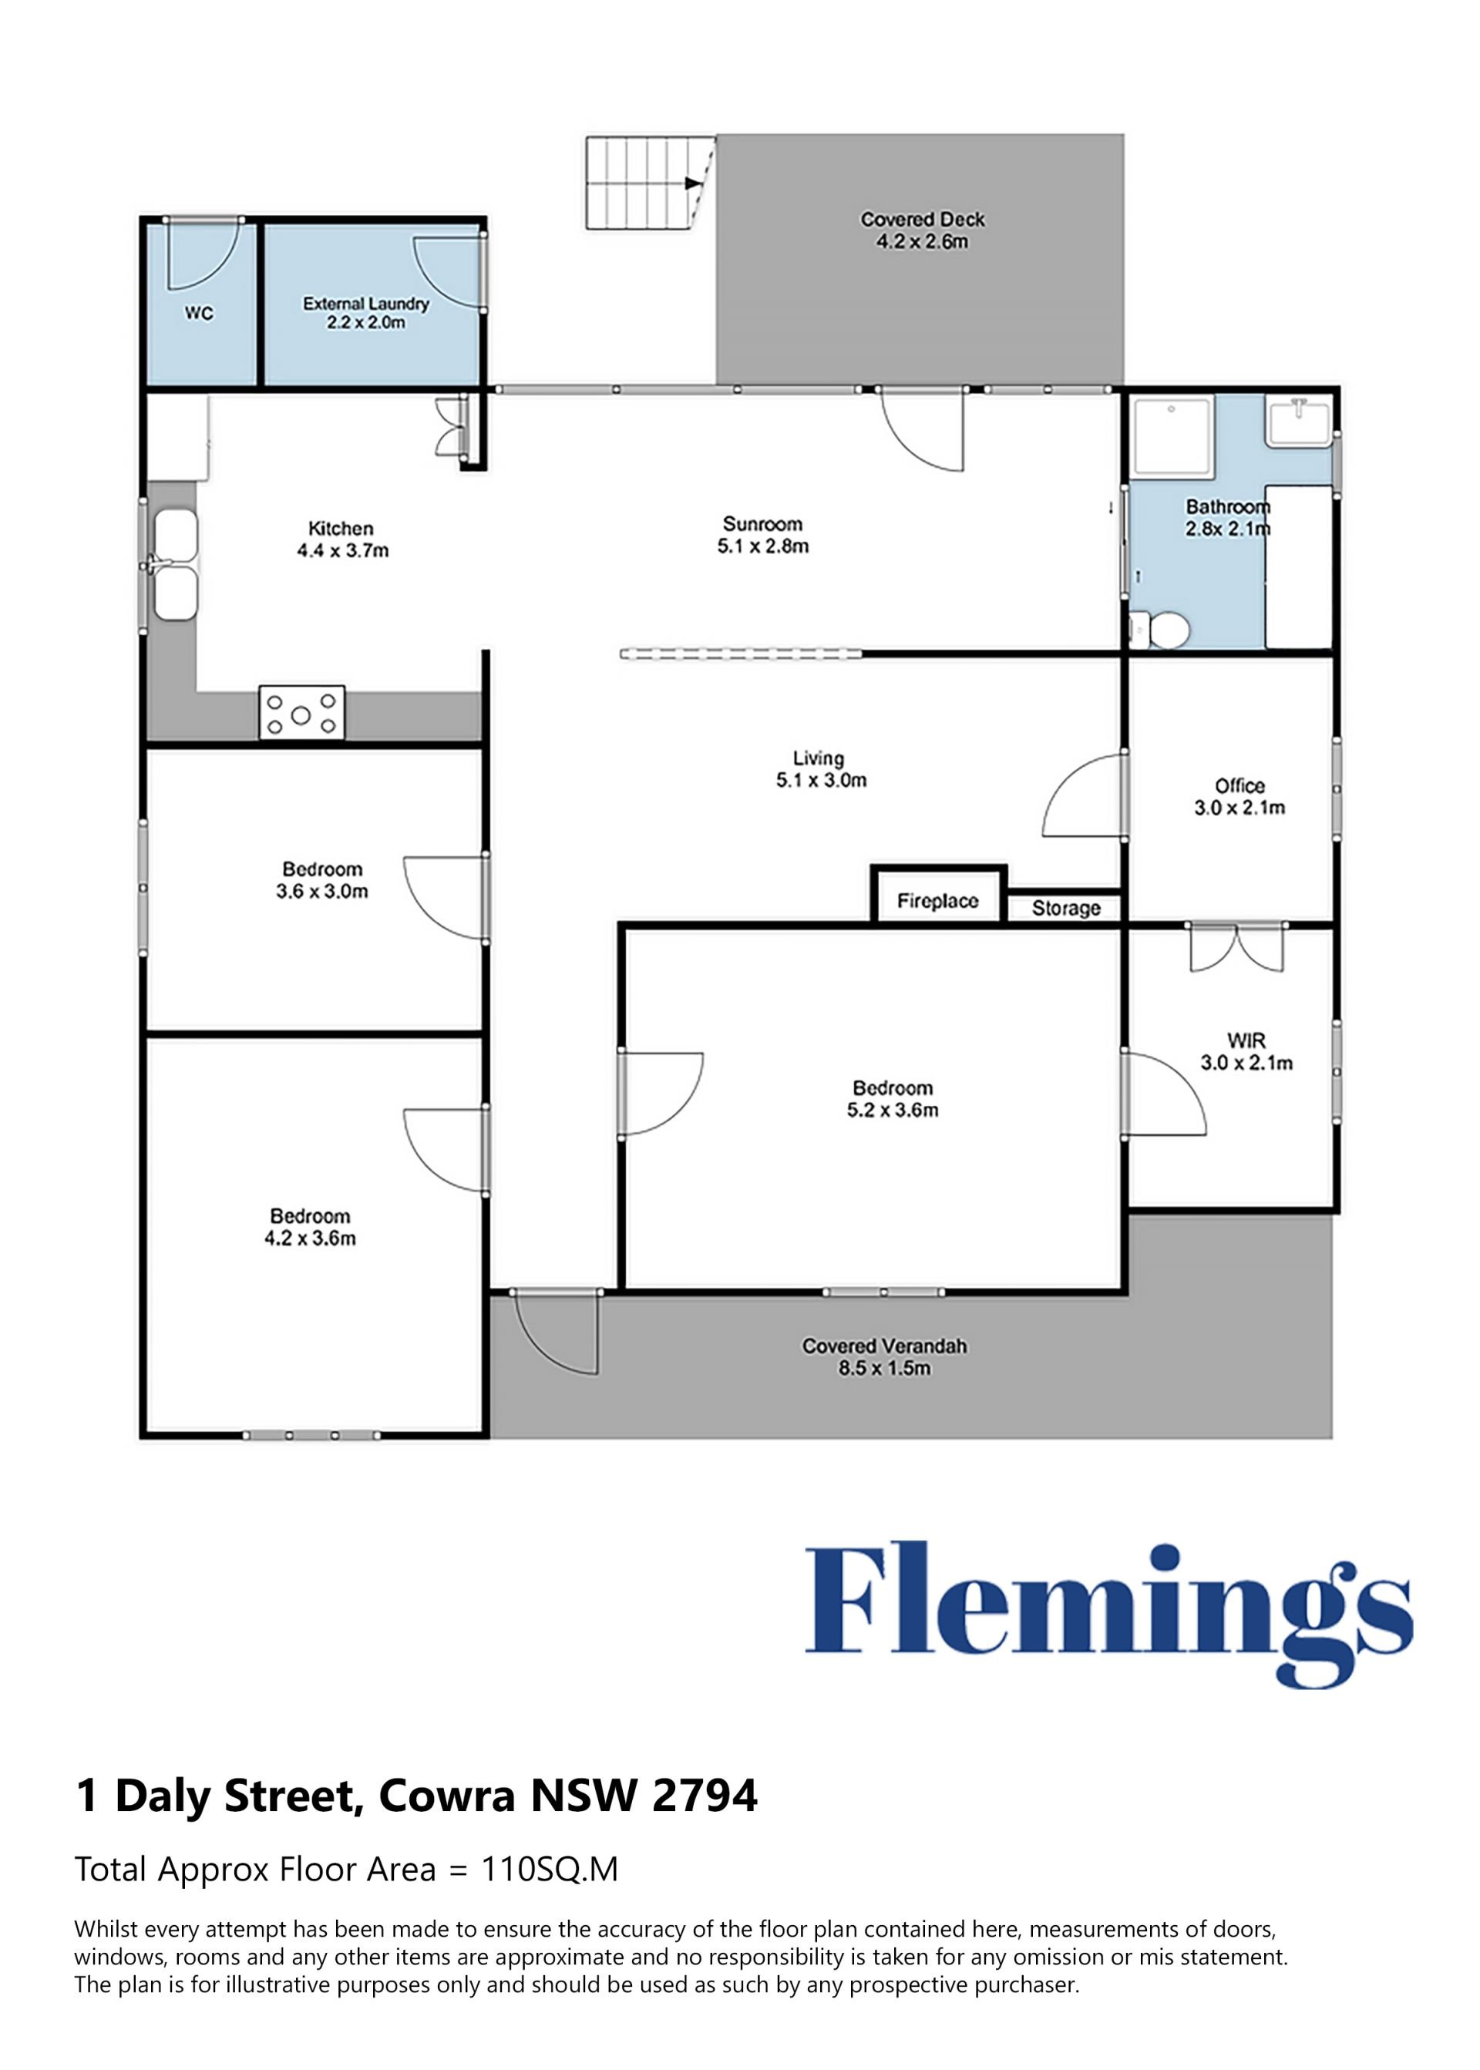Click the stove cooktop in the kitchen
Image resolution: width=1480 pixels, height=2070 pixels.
[x=301, y=712]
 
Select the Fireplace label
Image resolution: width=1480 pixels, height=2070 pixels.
[x=938, y=901]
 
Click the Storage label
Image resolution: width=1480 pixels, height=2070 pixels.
[x=1065, y=909]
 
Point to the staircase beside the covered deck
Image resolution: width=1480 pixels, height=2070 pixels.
[x=650, y=182]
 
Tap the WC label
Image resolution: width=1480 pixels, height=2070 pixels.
[x=199, y=314]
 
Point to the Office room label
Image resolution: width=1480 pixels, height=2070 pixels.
[x=1239, y=785]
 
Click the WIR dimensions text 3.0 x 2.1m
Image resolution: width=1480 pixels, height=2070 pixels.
[x=1246, y=1062]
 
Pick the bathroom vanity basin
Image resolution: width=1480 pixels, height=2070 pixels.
[x=1299, y=421]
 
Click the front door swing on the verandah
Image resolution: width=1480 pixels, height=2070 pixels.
[x=556, y=1333]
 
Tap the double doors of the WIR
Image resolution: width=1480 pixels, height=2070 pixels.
[x=1236, y=948]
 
